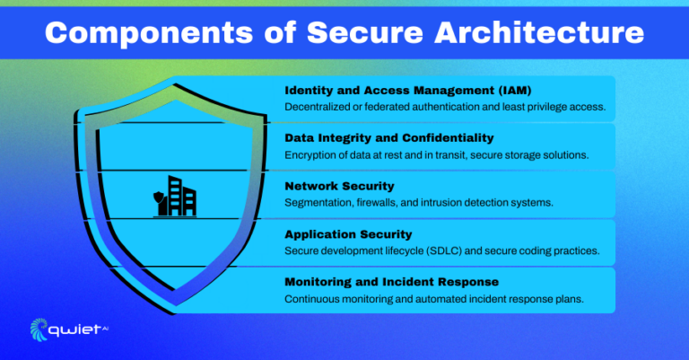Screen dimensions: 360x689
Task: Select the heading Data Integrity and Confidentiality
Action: [x=389, y=138]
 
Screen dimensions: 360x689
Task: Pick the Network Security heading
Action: [x=339, y=186]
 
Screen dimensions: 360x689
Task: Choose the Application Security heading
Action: [x=349, y=234]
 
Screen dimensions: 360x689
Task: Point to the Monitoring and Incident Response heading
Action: [x=391, y=282]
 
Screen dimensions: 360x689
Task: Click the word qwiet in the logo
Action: [x=79, y=329]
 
